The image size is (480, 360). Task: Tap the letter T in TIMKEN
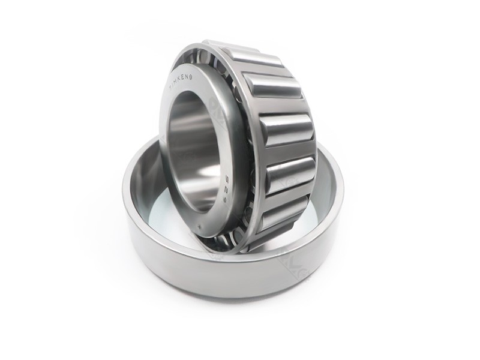click(172, 88)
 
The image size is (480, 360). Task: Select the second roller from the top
click(273, 86)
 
